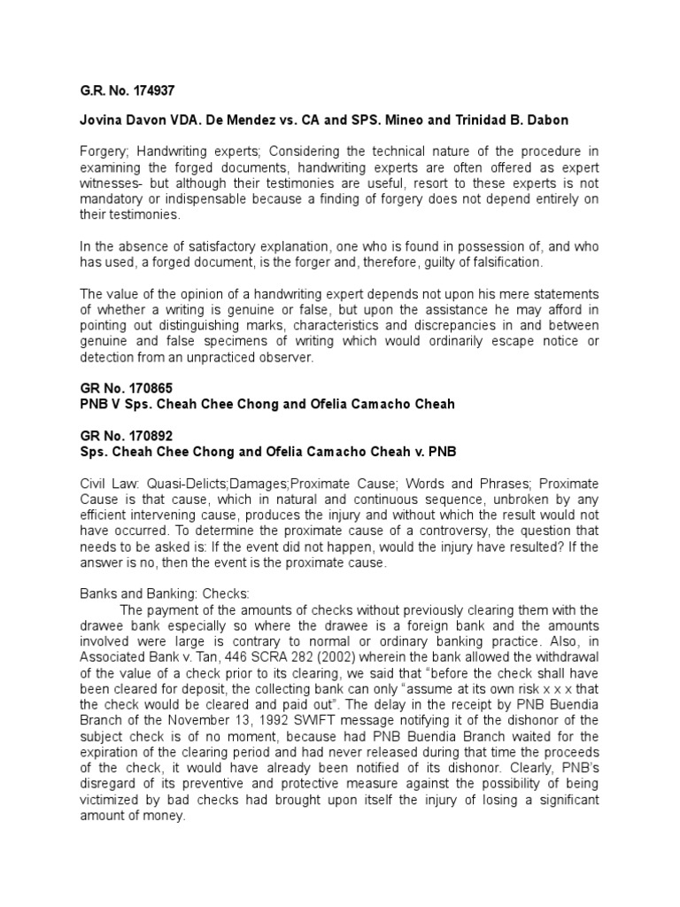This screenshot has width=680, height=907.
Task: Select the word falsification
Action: pyautogui.click(x=502, y=263)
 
